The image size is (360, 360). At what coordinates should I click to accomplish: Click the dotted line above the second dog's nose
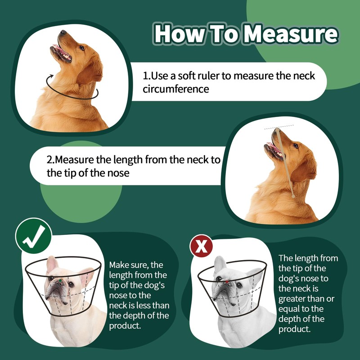[279, 127]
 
